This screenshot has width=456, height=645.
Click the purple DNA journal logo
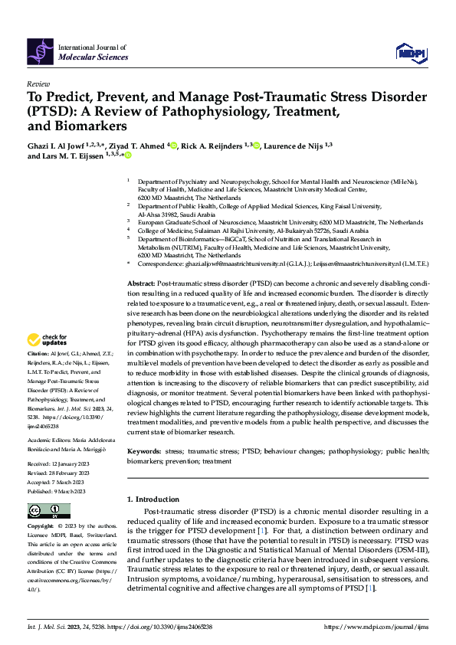tap(41, 50)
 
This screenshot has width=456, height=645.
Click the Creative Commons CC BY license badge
tap(48, 511)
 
